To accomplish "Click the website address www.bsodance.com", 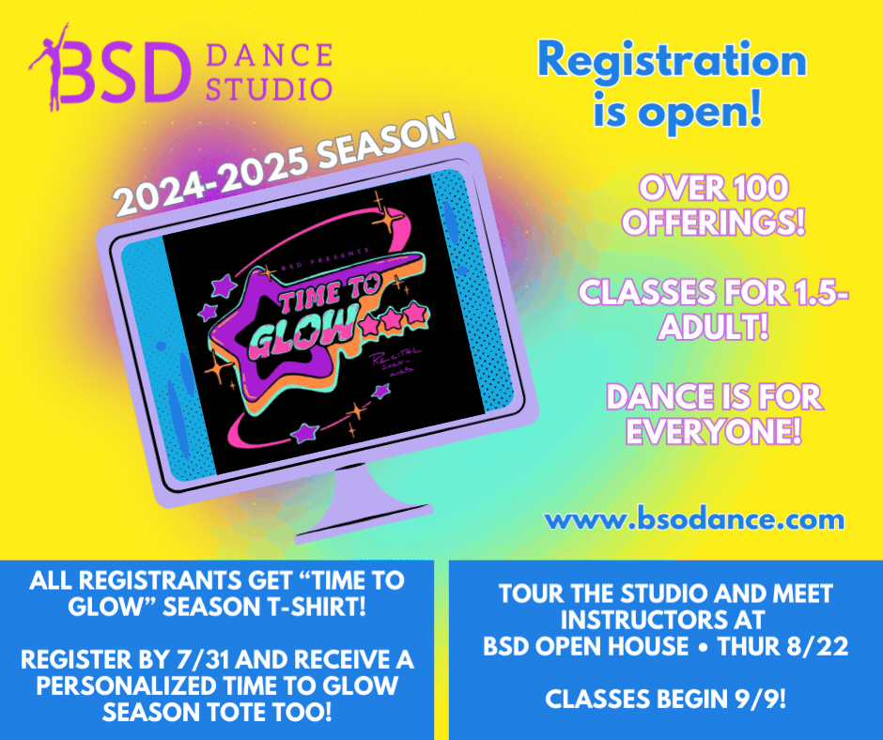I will [695, 518].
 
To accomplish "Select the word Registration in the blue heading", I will [671, 62].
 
